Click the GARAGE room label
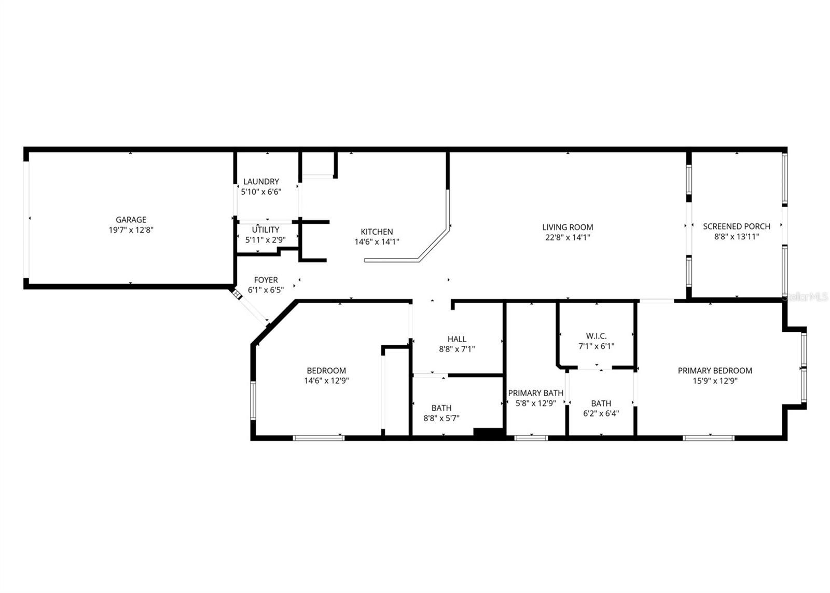[131, 220]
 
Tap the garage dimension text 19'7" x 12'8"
[131, 230]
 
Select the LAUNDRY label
[261, 181]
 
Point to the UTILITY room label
[266, 230]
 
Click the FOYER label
[266, 280]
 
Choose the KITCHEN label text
[377, 232]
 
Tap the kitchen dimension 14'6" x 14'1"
[377, 242]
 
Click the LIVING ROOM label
[568, 227]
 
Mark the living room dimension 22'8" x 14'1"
[568, 237]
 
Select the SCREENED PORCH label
[736, 226]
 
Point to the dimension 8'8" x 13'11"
[736, 236]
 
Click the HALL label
[457, 339]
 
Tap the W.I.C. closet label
[596, 336]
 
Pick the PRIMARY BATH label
[535, 393]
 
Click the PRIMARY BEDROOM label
[714, 370]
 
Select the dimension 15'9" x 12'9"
[714, 381]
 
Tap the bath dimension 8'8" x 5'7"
[441, 418]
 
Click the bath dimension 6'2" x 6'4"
[601, 413]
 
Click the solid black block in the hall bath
[488, 432]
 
